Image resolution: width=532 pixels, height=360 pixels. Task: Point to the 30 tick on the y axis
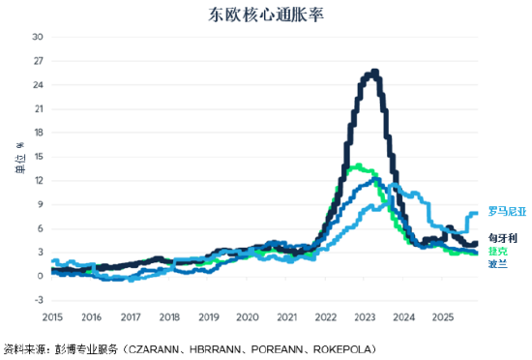click(38, 37)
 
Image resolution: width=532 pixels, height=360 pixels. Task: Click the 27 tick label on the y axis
click(38, 61)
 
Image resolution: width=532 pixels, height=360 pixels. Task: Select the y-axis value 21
click(38, 108)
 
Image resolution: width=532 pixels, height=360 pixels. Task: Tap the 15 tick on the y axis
click(38, 157)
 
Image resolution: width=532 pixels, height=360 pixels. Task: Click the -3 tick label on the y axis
click(38, 300)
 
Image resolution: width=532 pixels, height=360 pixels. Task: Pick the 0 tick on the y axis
click(40, 276)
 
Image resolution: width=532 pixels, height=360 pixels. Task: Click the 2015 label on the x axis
click(53, 316)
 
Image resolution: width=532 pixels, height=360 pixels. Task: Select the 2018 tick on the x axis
click(170, 316)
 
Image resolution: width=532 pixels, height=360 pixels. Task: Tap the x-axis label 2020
click(248, 316)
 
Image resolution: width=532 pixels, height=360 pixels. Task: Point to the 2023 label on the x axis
click(365, 316)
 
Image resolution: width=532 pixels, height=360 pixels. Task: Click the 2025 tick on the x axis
click(442, 316)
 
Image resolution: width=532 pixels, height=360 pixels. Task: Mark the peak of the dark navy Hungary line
click(373, 71)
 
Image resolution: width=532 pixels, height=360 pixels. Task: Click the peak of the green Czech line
click(358, 165)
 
